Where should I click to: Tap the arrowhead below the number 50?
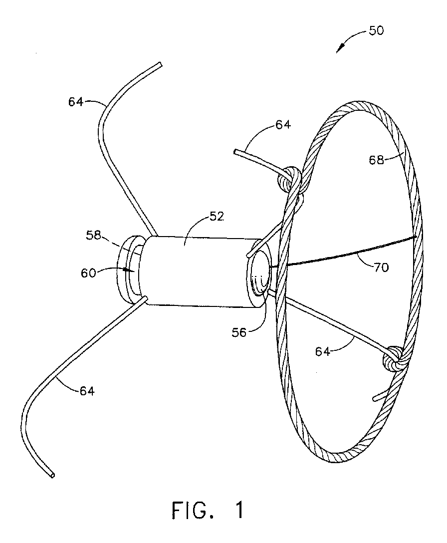tap(340, 49)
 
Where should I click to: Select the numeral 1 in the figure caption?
tap(239, 511)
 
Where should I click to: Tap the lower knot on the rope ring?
tap(394, 358)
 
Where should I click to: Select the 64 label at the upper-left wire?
tap(76, 102)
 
